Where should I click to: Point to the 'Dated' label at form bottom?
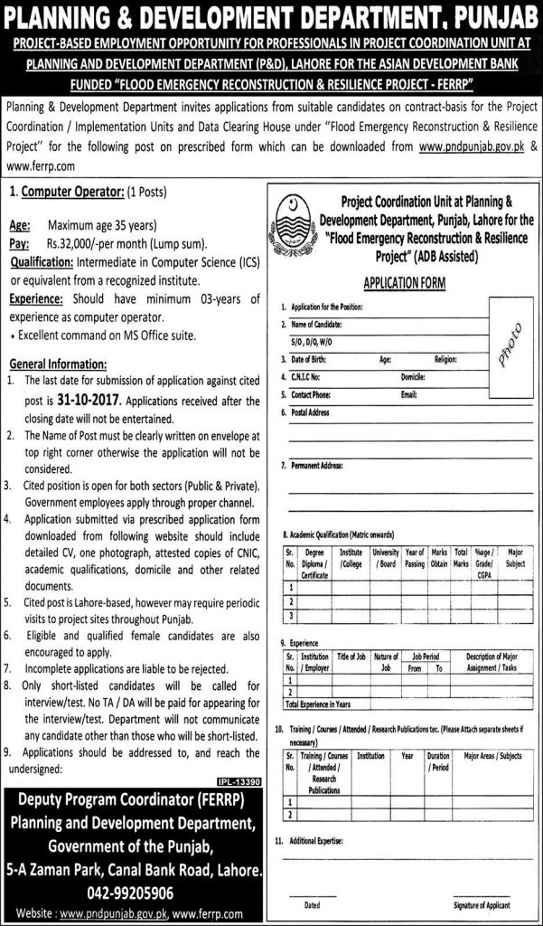click(312, 904)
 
